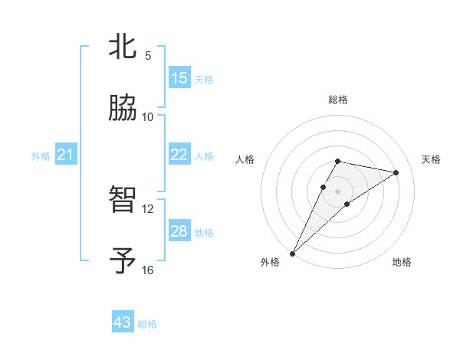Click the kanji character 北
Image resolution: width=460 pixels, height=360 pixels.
[123, 47]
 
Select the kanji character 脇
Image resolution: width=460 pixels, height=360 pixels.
[123, 108]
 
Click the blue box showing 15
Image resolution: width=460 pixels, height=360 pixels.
[179, 78]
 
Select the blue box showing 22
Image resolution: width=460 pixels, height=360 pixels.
[179, 155]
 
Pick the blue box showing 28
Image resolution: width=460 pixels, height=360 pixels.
[179, 231]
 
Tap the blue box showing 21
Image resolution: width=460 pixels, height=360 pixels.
[65, 155]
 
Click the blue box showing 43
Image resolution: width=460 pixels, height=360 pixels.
[123, 322]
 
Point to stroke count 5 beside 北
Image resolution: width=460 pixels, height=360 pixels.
[148, 55]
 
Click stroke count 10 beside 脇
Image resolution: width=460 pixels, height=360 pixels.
[148, 116]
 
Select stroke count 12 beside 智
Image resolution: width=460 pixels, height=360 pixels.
[148, 208]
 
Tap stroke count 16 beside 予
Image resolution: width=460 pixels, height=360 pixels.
[148, 270]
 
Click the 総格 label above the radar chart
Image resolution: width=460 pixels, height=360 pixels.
[338, 100]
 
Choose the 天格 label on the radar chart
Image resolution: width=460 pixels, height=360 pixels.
[431, 159]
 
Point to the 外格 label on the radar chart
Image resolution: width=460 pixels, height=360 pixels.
[270, 262]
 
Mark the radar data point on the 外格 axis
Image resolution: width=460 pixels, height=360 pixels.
[292, 253]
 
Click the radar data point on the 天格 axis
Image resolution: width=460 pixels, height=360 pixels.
[396, 172]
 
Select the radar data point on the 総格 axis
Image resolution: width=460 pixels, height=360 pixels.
[338, 161]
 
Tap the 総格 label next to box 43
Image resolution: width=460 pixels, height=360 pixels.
[147, 324]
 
